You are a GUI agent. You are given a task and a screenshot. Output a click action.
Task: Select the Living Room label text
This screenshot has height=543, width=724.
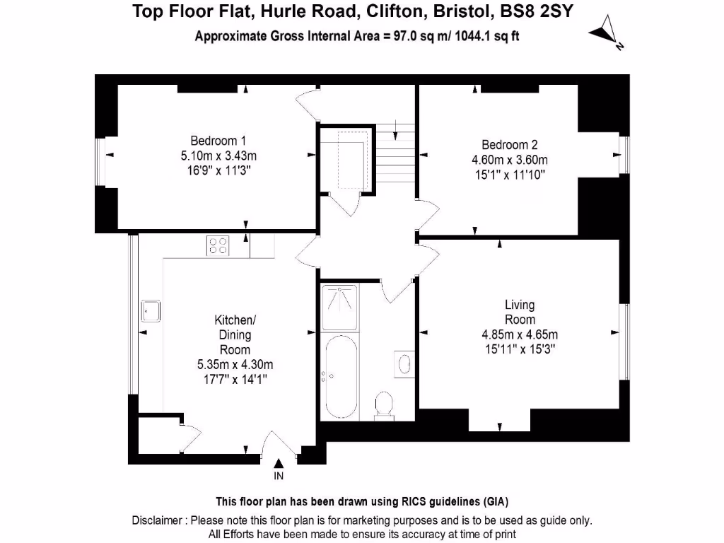point(520,312)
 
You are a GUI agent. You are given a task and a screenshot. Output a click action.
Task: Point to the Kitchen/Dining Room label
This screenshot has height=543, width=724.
point(235,334)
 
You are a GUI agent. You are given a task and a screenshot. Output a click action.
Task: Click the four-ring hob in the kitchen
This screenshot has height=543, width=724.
point(218,245)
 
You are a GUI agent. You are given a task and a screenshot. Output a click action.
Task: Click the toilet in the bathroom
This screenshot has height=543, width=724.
point(385,406)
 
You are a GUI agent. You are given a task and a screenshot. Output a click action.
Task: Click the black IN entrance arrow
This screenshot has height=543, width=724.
point(279,463)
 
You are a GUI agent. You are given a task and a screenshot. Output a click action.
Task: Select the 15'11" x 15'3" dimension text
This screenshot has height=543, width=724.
point(520,348)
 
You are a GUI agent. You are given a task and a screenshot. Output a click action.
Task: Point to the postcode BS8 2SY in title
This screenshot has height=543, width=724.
point(541,11)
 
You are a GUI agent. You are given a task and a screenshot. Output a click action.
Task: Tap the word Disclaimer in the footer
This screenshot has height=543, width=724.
point(158,521)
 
